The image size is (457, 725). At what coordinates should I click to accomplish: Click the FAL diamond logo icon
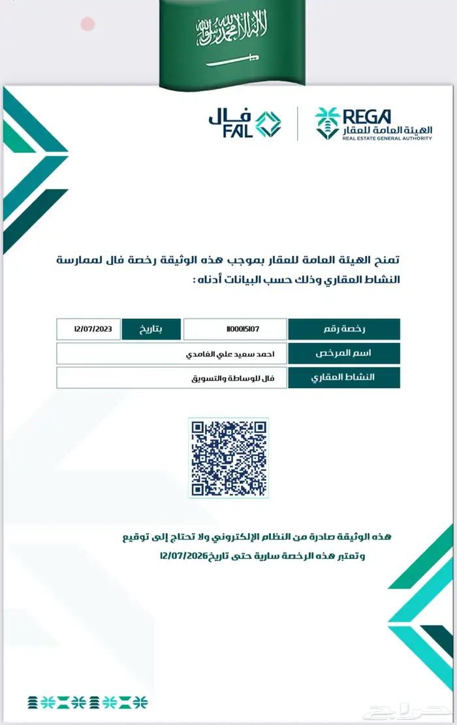point(268,124)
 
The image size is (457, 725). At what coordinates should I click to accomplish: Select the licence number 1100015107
point(235,329)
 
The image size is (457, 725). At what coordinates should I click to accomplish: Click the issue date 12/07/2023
point(89,329)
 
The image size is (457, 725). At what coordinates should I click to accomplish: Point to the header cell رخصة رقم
point(343,329)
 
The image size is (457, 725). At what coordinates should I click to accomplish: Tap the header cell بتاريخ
point(151,329)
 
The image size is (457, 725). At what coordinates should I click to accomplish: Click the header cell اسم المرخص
point(343,353)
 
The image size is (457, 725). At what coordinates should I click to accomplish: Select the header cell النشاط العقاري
point(343,378)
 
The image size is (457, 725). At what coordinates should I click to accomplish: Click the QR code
point(228,458)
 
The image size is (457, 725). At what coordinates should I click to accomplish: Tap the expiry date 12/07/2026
point(183,556)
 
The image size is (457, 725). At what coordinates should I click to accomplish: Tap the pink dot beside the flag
point(88,25)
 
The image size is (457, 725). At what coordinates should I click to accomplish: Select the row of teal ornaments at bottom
point(87,702)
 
